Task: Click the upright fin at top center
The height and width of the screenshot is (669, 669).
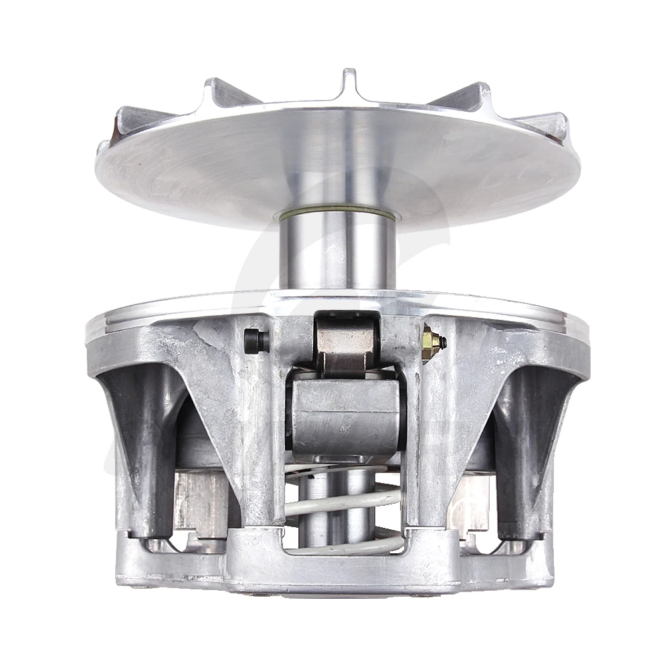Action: coord(349,84)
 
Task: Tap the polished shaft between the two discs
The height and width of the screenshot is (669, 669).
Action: coord(337,254)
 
